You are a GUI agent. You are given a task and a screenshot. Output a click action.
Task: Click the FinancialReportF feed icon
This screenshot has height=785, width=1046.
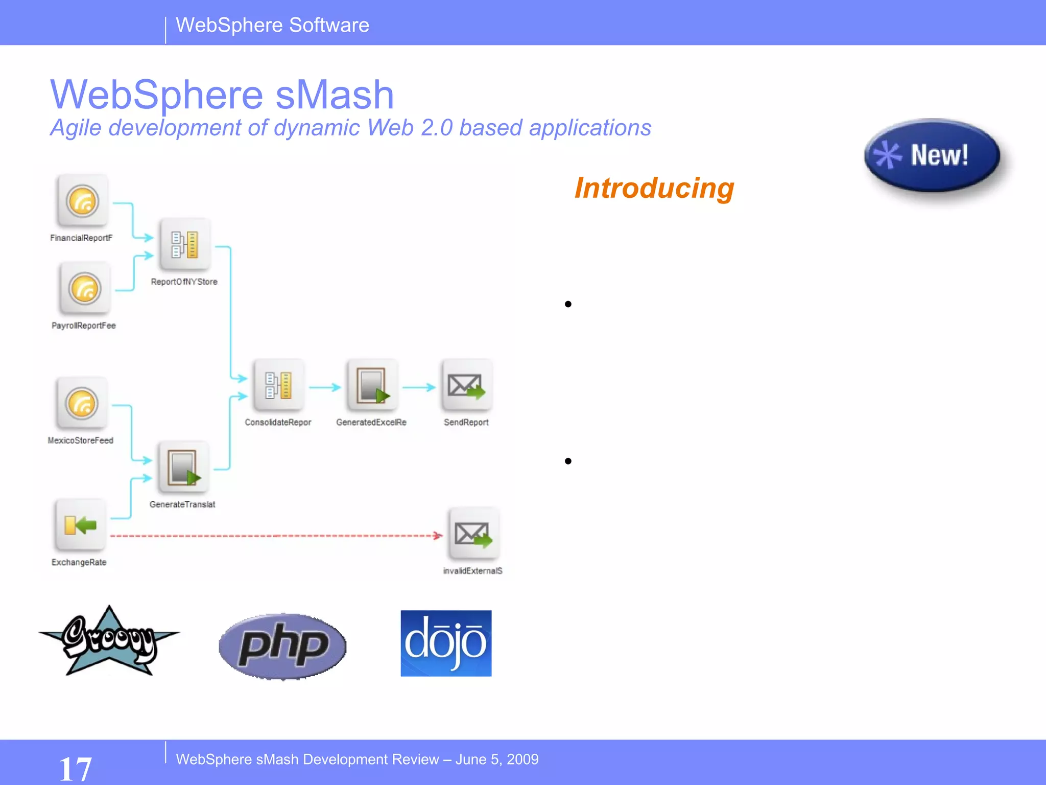82,201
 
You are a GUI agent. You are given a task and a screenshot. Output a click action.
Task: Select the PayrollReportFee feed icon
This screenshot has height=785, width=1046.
85,289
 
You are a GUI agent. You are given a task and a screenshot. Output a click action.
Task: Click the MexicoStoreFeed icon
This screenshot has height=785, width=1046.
82,404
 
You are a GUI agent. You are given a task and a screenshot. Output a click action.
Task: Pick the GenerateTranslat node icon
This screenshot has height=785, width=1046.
183,467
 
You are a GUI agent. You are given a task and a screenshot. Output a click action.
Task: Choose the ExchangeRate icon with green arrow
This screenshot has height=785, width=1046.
80,525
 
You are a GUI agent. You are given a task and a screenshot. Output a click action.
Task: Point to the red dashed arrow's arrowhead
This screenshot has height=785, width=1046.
438,536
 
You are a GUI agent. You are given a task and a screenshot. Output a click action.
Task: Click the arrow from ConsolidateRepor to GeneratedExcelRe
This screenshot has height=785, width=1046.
325,387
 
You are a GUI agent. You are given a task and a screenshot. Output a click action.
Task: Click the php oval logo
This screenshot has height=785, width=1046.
282,646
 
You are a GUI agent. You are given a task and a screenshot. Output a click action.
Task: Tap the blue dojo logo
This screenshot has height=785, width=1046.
446,643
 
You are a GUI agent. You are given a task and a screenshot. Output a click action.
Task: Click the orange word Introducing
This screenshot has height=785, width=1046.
654,188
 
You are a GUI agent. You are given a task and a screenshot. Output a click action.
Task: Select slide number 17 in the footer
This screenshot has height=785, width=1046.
75,769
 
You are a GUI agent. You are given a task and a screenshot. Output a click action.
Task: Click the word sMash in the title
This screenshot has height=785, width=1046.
335,95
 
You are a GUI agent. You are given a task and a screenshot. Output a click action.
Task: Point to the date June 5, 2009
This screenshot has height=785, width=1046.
496,759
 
